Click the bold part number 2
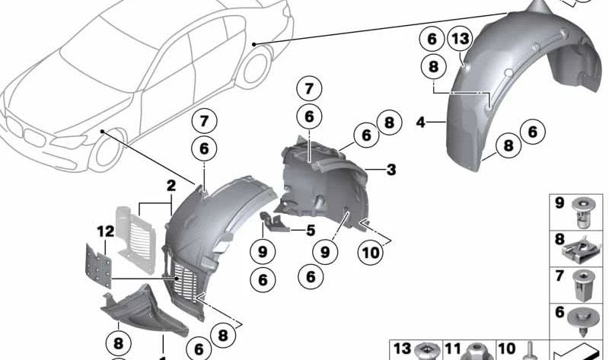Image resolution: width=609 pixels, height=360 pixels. [x=171, y=185]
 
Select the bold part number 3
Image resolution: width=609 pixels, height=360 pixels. [x=391, y=170]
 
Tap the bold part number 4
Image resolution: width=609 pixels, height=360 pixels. [x=420, y=120]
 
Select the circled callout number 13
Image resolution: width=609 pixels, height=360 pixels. [x=460, y=40]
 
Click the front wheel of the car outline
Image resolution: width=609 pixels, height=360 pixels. [x=108, y=152]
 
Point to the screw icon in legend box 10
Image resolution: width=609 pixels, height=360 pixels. [x=527, y=351]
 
